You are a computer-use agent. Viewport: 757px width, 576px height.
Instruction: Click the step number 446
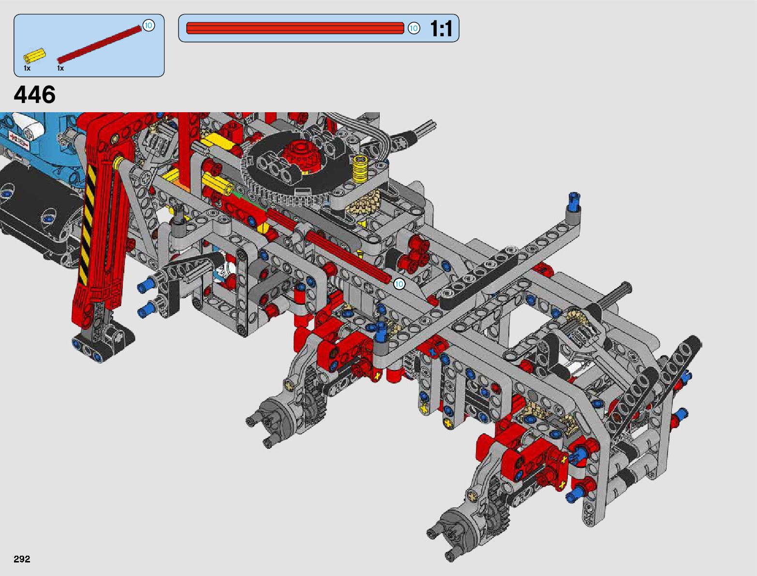(x=34, y=95)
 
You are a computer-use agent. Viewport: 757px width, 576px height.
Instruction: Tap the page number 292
(x=22, y=559)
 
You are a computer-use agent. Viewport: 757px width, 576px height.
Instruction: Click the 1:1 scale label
(x=441, y=28)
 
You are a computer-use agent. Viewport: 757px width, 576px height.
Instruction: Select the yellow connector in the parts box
(x=34, y=56)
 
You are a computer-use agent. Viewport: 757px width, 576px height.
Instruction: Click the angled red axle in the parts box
(x=99, y=44)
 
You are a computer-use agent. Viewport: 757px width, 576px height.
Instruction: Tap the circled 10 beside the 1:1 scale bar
(x=414, y=28)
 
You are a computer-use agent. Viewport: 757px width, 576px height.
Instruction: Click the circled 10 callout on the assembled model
(x=399, y=284)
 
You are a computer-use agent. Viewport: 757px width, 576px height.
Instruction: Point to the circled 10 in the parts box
(x=148, y=26)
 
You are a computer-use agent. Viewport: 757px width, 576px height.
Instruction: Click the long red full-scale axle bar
(x=295, y=28)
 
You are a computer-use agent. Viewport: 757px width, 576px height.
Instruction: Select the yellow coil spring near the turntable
(x=360, y=168)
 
